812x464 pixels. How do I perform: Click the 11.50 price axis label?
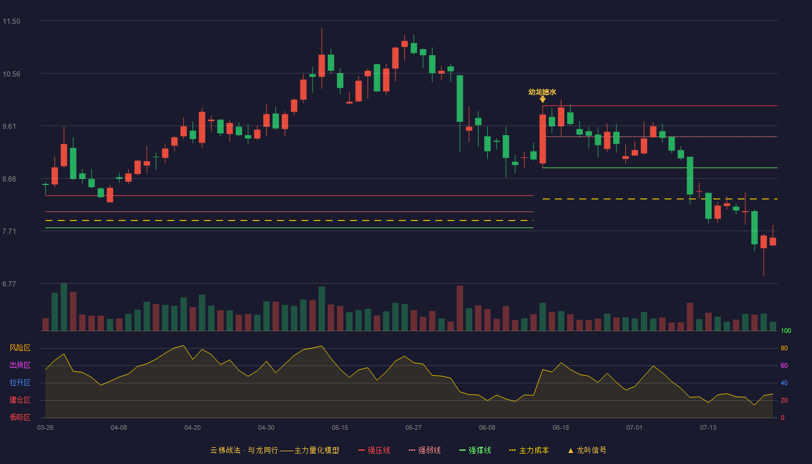(11, 21)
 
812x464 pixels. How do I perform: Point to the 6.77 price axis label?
(9, 284)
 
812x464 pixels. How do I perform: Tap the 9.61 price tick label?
(9, 126)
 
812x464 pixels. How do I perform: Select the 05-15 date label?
(340, 428)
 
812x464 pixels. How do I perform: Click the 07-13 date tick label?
(708, 428)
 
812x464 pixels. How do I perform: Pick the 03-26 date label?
(45, 428)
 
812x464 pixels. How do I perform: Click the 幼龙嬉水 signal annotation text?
(542, 92)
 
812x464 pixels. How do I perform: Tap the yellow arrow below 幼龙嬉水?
(543, 99)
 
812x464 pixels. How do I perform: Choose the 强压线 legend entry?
(374, 450)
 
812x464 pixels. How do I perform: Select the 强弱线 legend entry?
(425, 450)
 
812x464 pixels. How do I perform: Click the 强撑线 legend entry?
(475, 450)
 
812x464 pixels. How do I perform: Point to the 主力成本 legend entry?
(529, 450)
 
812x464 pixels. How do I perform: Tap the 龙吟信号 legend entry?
(587, 450)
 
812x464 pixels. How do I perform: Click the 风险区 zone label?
(20, 348)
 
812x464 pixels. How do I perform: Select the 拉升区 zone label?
(20, 383)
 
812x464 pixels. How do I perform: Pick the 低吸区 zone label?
(20, 418)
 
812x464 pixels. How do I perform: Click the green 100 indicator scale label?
(786, 331)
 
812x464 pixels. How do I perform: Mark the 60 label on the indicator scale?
(784, 365)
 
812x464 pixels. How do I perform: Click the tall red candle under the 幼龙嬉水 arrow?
(543, 139)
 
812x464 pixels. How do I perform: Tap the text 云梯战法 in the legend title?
(225, 450)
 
